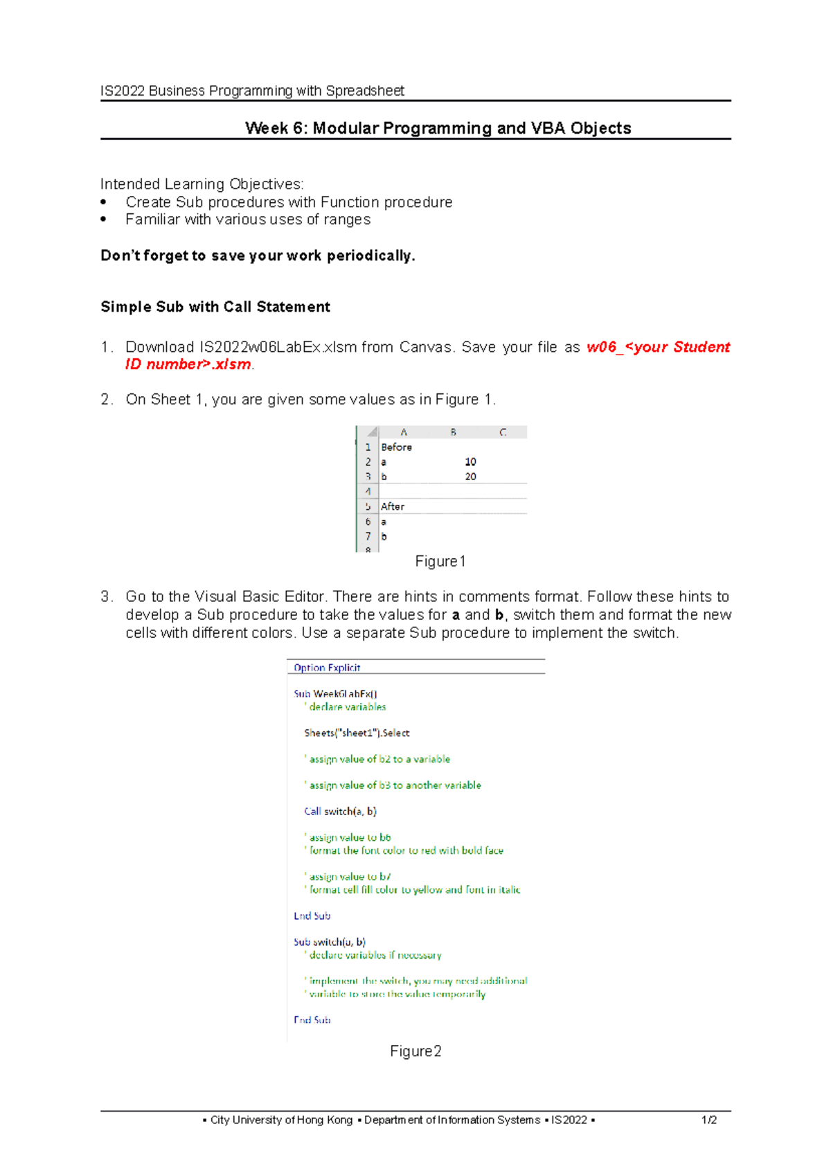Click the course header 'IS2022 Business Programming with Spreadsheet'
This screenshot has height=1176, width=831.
point(252,91)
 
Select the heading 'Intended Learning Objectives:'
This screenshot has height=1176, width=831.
point(202,184)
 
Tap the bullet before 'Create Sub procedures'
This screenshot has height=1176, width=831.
point(104,202)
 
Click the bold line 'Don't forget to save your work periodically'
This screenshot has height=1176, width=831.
point(258,256)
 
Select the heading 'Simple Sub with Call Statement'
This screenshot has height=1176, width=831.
point(215,307)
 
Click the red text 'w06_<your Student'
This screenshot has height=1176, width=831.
point(657,347)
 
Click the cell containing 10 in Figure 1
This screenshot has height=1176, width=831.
point(470,462)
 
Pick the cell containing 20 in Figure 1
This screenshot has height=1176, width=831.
point(470,476)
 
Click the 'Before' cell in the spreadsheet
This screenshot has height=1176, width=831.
point(396,447)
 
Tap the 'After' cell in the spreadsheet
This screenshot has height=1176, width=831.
point(393,507)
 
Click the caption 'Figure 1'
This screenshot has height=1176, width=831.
point(440,562)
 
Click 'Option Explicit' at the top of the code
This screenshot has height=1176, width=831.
point(327,668)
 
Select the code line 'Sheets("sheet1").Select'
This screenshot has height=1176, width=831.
point(357,733)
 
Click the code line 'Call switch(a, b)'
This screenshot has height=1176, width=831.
point(340,811)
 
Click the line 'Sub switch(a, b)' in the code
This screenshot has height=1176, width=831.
point(330,942)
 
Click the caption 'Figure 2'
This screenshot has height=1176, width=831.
point(415,1051)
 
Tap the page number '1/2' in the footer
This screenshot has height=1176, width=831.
point(708,1120)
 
